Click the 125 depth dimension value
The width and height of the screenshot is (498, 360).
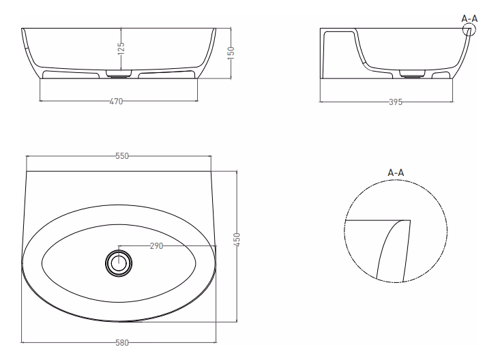click(x=121, y=48)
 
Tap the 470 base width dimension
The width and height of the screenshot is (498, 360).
click(x=116, y=102)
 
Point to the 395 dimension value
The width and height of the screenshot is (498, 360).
click(x=396, y=102)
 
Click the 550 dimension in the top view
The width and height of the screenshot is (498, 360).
click(x=122, y=156)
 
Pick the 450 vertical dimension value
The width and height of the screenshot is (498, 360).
click(x=237, y=239)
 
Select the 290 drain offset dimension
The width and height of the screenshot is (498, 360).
click(x=157, y=245)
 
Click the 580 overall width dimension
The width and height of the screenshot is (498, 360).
click(x=122, y=342)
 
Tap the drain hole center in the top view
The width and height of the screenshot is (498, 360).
click(x=119, y=263)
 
